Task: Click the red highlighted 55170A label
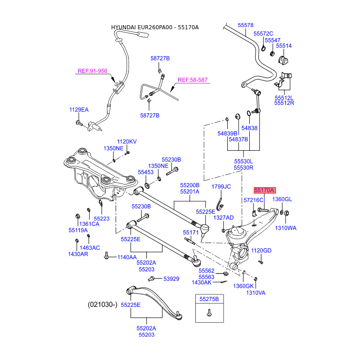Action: [x=264, y=190]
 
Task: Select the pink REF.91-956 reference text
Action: [x=92, y=71]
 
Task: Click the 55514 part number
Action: [x=284, y=46]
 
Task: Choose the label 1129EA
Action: [x=79, y=110]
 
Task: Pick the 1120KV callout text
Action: [x=126, y=142]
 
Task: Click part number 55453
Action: [x=146, y=172]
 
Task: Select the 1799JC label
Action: [x=221, y=186]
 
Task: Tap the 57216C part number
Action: [x=253, y=199]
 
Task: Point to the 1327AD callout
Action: [x=224, y=218]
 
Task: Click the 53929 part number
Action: [x=171, y=279]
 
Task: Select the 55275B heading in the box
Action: [x=209, y=299]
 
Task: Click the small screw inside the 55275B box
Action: [x=209, y=314]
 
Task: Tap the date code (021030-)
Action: [x=102, y=305]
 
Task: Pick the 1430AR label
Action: [x=78, y=254]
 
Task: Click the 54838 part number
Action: [x=249, y=128]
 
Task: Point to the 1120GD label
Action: [x=261, y=251]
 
